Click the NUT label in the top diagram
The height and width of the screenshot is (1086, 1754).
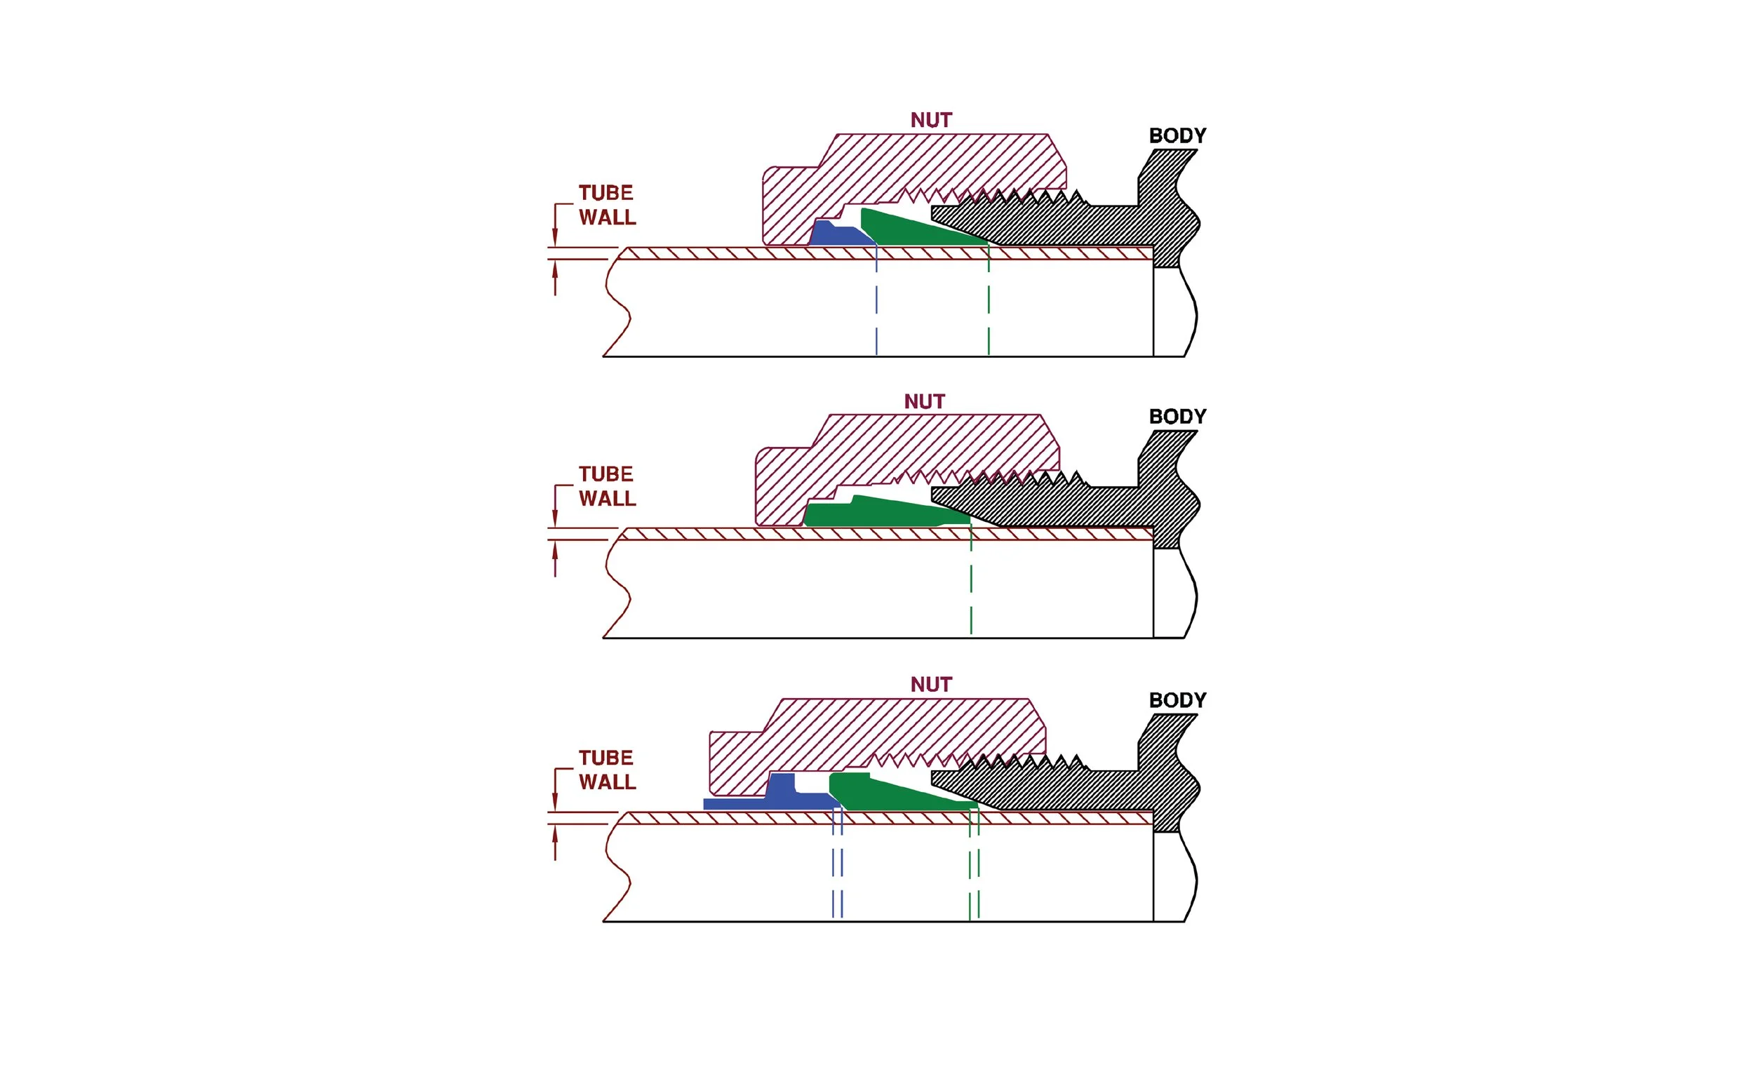tap(931, 120)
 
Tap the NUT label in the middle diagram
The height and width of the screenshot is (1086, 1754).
tap(925, 401)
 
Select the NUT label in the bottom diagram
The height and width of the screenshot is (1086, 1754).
tap(931, 685)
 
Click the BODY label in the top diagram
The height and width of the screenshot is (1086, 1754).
tap(1177, 136)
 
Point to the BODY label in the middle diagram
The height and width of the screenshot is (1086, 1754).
tap(1177, 417)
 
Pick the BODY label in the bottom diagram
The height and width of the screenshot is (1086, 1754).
tap(1177, 700)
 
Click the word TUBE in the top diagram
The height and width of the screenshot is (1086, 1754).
tap(605, 193)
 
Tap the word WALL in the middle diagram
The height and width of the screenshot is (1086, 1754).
tap(607, 499)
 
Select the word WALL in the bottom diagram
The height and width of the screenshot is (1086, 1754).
tap(607, 782)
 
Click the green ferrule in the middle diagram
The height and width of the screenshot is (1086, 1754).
tap(883, 512)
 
